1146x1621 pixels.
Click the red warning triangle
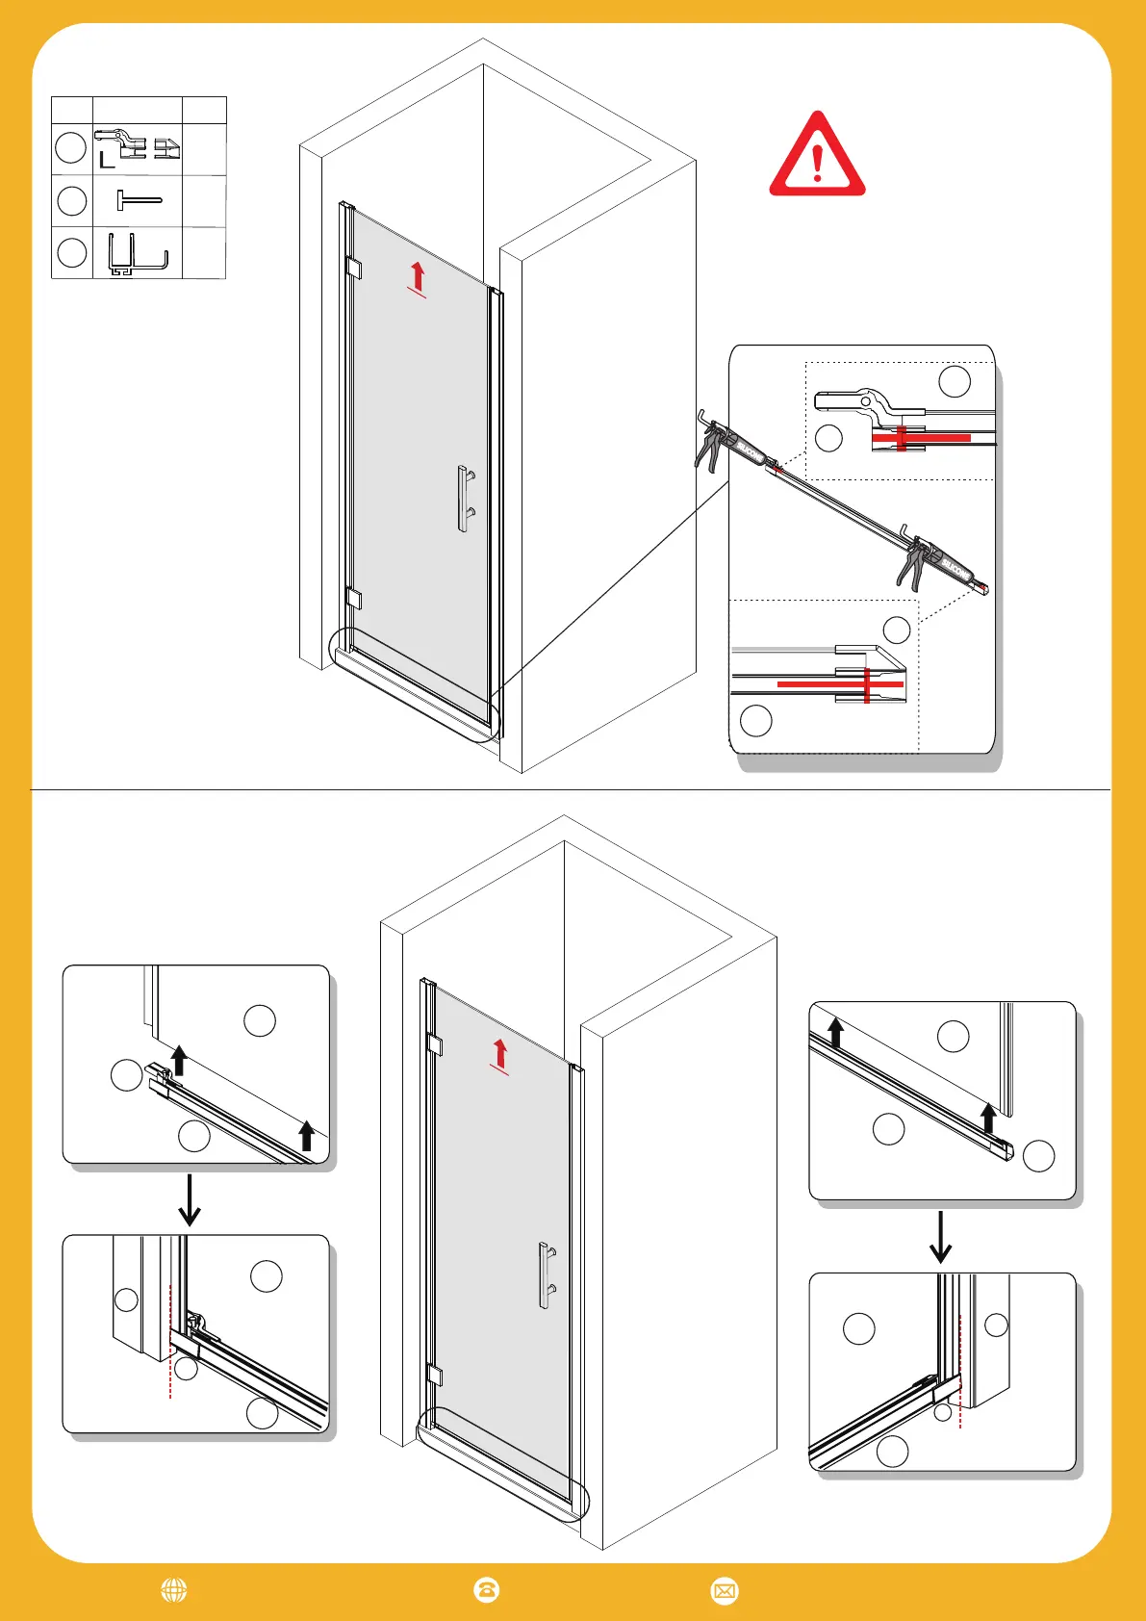pyautogui.click(x=817, y=157)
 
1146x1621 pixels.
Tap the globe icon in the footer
pyautogui.click(x=174, y=1590)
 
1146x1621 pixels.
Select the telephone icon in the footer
pyautogui.click(x=487, y=1590)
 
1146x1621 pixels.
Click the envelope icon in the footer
pyautogui.click(x=724, y=1590)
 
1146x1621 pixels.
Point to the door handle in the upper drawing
pyautogui.click(x=465, y=499)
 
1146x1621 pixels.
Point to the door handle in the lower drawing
pyautogui.click(x=547, y=1274)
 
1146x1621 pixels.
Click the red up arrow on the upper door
pyautogui.click(x=417, y=277)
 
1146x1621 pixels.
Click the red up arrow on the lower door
pyautogui.click(x=498, y=1055)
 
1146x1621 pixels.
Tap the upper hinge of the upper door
pyautogui.click(x=352, y=268)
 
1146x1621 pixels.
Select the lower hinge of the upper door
pyautogui.click(x=353, y=599)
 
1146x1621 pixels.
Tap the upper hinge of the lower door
pyautogui.click(x=434, y=1044)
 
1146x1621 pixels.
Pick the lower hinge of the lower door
pyautogui.click(x=434, y=1375)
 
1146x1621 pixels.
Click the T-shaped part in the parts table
pyautogui.click(x=138, y=200)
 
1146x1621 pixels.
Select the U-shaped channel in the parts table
pyautogui.click(x=137, y=255)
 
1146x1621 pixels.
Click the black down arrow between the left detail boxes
pyautogui.click(x=191, y=1200)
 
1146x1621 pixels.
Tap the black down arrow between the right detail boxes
pyautogui.click(x=940, y=1238)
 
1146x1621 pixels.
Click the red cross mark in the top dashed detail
pyautogui.click(x=902, y=438)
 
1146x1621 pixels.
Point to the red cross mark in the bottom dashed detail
pyautogui.click(x=867, y=684)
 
